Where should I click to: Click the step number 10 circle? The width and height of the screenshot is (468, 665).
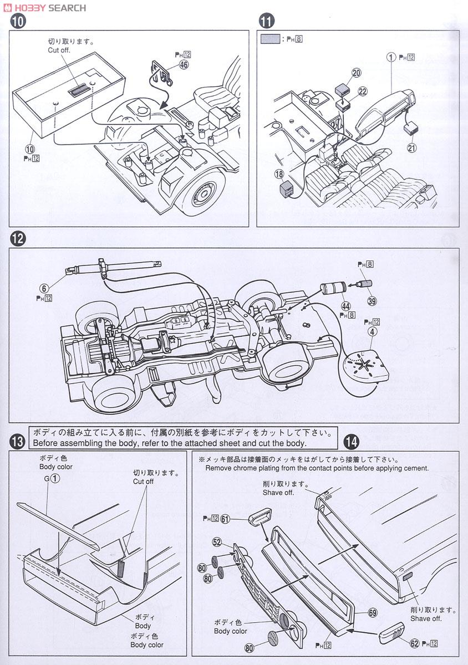(x=18, y=22)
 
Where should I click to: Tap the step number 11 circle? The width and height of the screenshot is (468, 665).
(x=267, y=22)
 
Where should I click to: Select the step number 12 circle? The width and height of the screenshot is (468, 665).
(x=18, y=239)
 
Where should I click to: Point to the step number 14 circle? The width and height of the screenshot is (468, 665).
(x=350, y=442)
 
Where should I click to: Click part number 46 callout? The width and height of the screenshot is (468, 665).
(x=184, y=64)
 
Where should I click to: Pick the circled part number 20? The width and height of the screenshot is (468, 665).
(x=356, y=73)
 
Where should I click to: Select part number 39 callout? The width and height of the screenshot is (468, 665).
(x=371, y=301)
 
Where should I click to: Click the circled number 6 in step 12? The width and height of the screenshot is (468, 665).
(x=44, y=288)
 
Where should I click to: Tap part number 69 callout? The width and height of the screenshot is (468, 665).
(x=372, y=612)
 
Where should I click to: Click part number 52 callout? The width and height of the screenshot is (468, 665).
(x=217, y=542)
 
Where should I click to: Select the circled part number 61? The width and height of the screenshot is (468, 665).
(x=225, y=519)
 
